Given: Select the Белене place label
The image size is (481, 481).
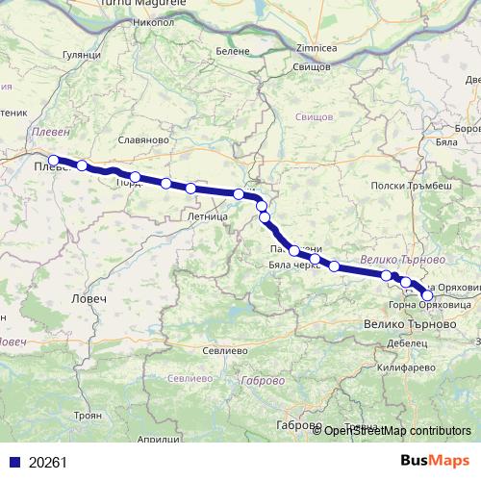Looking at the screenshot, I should pos(233,50).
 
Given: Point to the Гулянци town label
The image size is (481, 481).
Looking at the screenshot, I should pos(80,56).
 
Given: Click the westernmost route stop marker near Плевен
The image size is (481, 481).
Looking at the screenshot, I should pos(54,161).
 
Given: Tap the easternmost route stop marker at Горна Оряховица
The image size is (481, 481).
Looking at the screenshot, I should pos(427,294).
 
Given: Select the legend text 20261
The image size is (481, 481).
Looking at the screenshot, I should pos(48,462).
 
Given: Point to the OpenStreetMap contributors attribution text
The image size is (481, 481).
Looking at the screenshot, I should pos(397,431).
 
